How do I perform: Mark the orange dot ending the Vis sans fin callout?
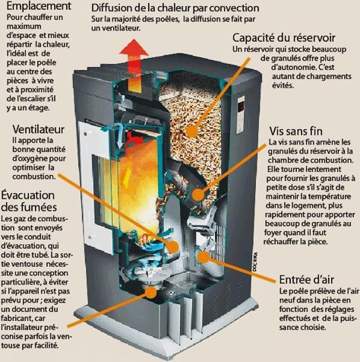(x=199, y=195)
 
